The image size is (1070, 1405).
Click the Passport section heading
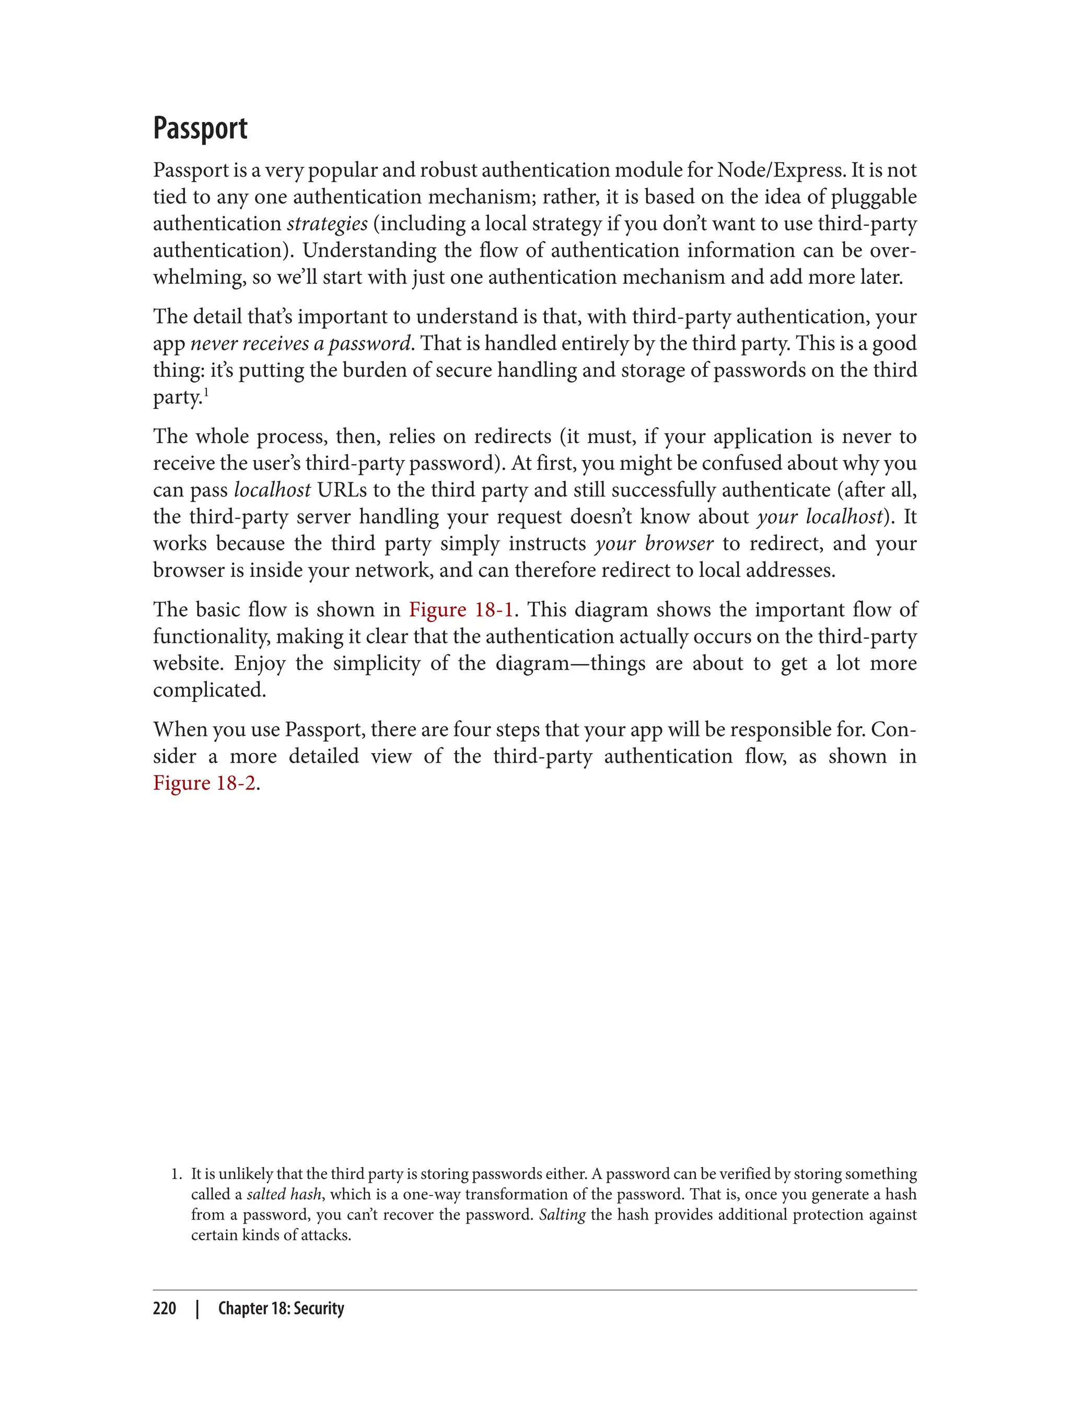tap(200, 129)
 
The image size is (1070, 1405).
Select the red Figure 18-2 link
tap(204, 782)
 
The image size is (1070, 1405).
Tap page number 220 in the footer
tap(165, 1308)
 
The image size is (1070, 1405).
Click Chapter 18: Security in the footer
tap(281, 1308)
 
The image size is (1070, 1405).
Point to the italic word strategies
tap(328, 224)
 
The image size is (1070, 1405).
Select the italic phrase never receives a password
tap(300, 343)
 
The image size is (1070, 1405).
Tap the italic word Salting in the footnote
tap(562, 1215)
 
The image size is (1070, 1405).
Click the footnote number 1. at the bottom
tap(177, 1173)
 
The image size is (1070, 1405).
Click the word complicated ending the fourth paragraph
tap(209, 690)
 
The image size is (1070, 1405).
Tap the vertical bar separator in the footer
tap(197, 1308)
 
